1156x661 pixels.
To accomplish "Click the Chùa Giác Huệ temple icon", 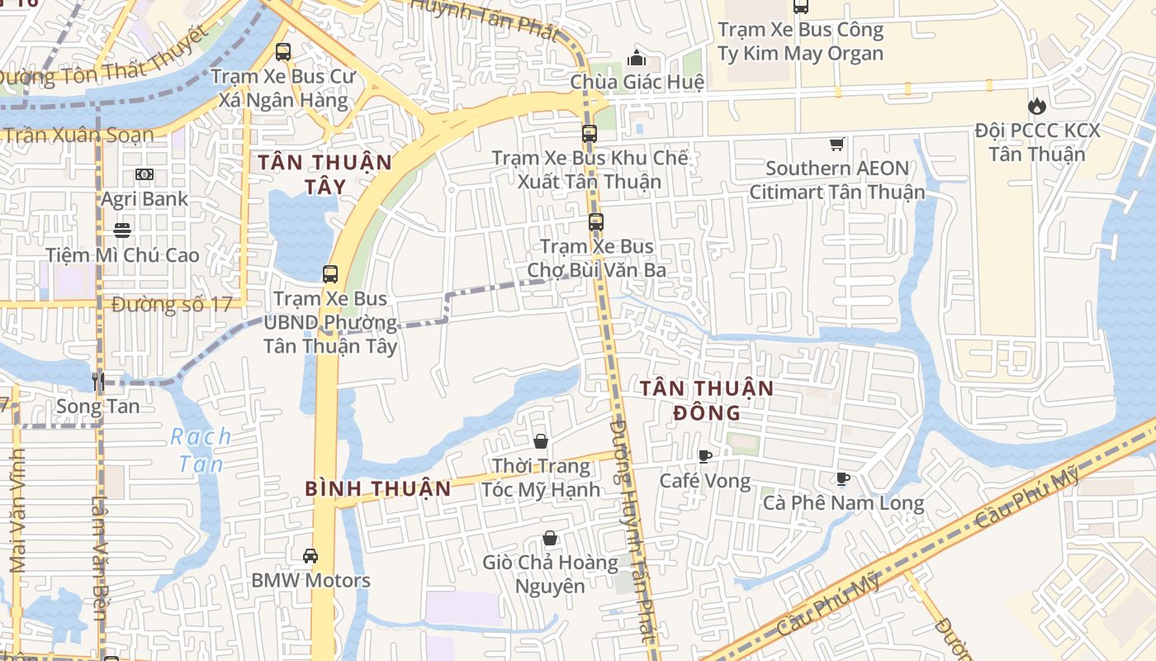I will (x=636, y=58).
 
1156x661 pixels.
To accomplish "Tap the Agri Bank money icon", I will (x=144, y=174).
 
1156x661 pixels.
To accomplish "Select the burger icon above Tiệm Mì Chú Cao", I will (x=122, y=230).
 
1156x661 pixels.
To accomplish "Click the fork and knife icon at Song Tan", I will (x=98, y=381).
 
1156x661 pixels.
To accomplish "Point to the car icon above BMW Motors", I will (x=310, y=555).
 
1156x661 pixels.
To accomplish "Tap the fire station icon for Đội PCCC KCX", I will (x=1036, y=106).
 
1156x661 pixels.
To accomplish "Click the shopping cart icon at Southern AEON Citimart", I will (x=836, y=144).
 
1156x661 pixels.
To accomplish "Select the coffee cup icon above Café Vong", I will (x=704, y=456).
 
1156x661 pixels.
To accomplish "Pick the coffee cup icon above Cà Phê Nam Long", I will (x=842, y=478).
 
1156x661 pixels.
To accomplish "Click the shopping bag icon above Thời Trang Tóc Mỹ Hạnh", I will (x=541, y=441).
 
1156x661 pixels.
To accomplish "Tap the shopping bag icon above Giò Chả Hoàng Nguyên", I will (x=550, y=538).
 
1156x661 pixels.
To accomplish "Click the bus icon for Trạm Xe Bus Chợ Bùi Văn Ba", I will (x=596, y=221).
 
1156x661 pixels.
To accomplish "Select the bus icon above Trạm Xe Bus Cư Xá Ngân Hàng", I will (x=283, y=51).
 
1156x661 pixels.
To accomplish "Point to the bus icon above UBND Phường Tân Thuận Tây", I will (x=330, y=273).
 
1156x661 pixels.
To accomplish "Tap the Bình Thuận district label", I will (x=378, y=488).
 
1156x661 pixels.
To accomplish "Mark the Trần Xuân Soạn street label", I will (x=78, y=136).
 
